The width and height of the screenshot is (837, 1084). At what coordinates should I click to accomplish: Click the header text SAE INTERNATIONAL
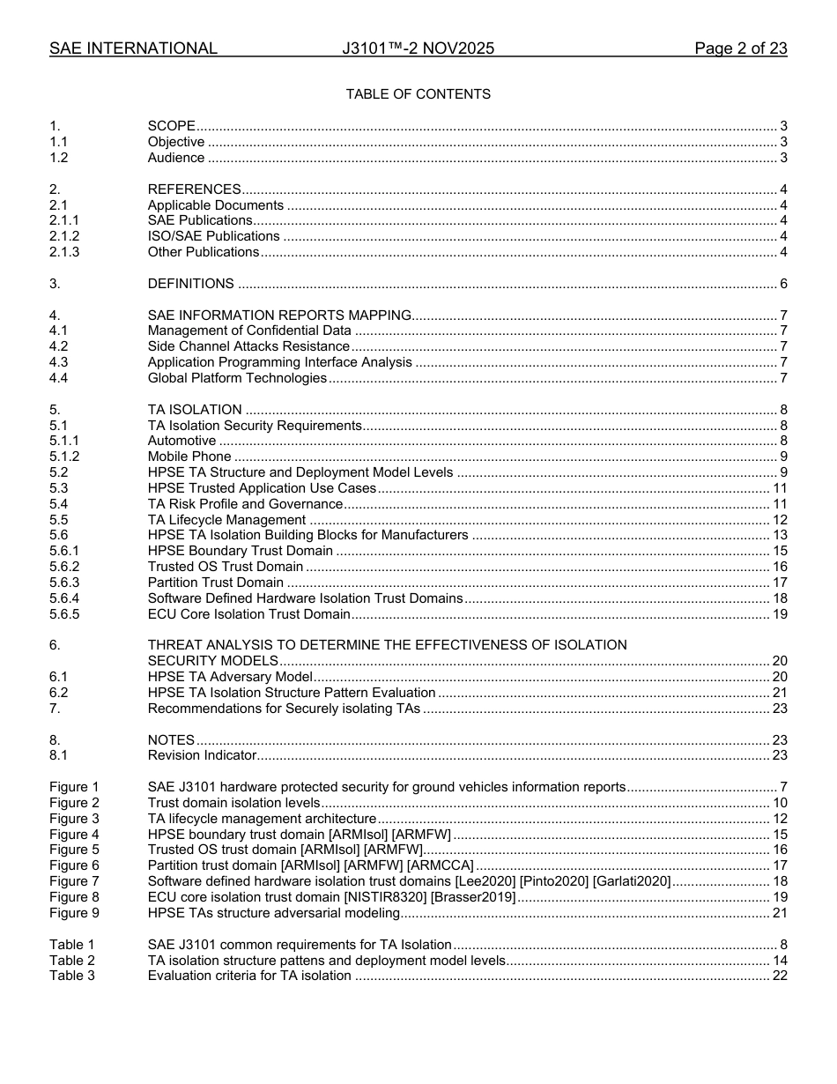(133, 48)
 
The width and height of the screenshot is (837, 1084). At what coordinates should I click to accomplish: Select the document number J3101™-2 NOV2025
(418, 48)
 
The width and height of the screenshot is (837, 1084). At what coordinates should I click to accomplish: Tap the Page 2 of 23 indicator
(740, 48)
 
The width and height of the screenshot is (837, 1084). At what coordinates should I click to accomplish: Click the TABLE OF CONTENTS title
(418, 94)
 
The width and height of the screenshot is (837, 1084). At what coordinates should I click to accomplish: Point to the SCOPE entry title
(171, 126)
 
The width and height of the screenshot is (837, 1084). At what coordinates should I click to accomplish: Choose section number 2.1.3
(64, 252)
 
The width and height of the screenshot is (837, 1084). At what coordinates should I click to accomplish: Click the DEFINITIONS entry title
(190, 284)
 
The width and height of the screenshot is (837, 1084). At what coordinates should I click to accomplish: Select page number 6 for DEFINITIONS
(783, 284)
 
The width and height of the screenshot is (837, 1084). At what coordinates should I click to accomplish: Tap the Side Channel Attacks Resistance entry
(248, 346)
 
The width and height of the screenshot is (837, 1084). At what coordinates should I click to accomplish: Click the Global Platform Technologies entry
(237, 378)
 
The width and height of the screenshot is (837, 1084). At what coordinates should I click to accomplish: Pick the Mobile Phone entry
(189, 457)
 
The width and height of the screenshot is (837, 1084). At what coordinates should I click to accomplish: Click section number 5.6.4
(64, 598)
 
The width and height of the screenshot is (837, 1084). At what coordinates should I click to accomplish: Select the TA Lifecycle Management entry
(226, 520)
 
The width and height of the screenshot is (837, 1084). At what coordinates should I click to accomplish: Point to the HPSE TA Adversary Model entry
(230, 677)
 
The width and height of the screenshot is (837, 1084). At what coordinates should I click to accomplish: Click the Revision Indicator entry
(202, 755)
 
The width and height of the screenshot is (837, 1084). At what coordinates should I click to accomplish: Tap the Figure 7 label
(74, 881)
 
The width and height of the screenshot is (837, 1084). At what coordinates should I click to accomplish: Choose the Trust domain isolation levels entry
(233, 803)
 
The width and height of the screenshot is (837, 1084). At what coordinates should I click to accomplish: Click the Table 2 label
(71, 960)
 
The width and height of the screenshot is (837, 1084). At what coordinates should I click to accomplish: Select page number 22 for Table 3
(780, 976)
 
